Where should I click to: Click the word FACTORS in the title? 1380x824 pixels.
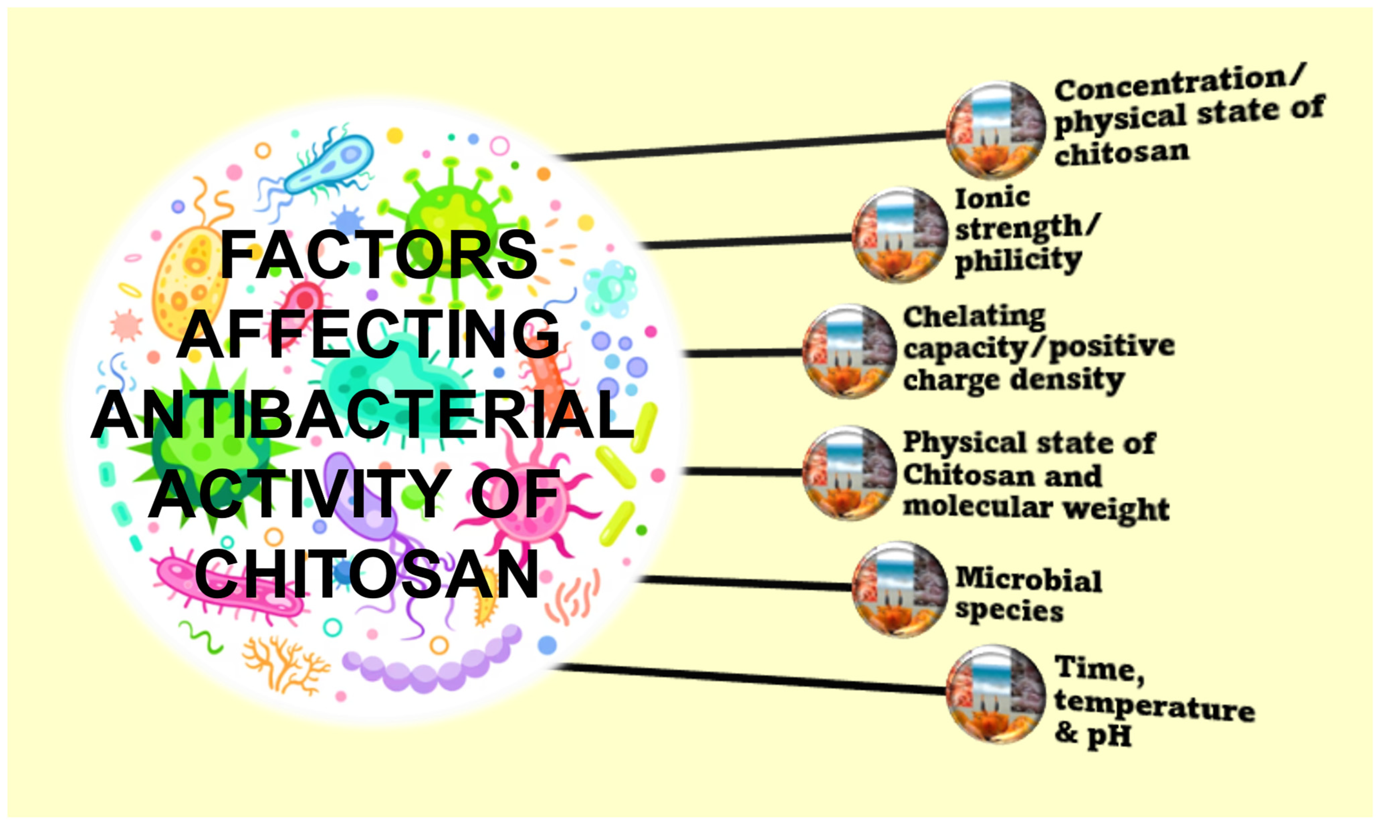point(379,255)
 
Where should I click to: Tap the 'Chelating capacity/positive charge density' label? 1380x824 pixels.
point(1038,349)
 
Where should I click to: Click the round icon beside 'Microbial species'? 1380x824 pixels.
point(900,590)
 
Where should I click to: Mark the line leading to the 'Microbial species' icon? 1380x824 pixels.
point(745,583)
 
